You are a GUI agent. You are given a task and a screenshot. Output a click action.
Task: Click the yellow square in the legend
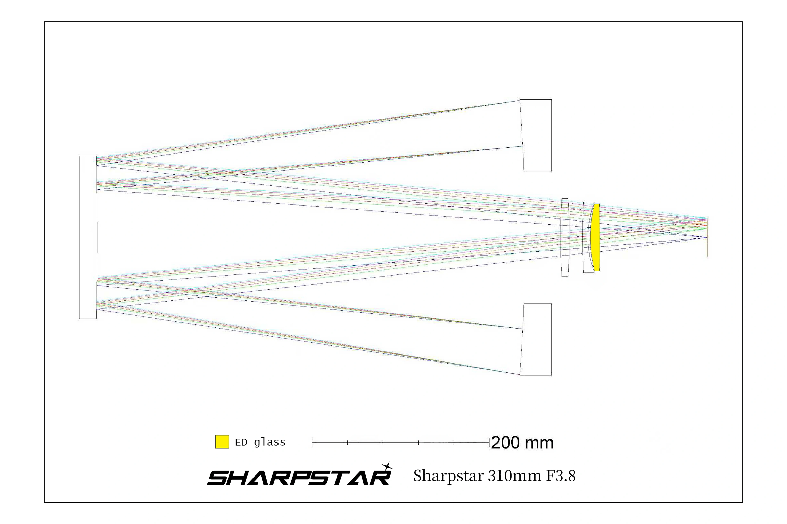point(222,442)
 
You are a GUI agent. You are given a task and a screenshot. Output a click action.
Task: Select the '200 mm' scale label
point(522,443)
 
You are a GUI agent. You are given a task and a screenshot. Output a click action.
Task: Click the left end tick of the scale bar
point(312,443)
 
